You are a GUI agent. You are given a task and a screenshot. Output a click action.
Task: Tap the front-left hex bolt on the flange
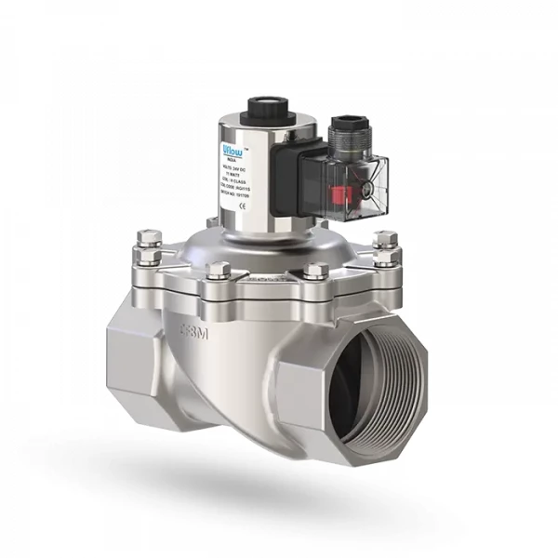pyautogui.click(x=220, y=272)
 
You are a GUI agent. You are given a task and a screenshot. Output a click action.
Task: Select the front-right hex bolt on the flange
pyautogui.click(x=316, y=272)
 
